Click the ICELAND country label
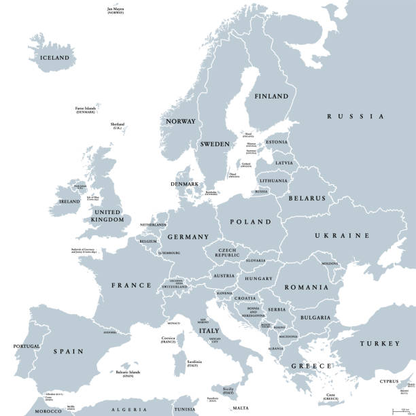[x=55, y=58]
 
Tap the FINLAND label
[x=271, y=97]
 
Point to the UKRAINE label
[x=341, y=235]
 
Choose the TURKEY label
[x=381, y=344]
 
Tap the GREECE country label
[x=311, y=366]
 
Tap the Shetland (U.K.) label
[x=118, y=126]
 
